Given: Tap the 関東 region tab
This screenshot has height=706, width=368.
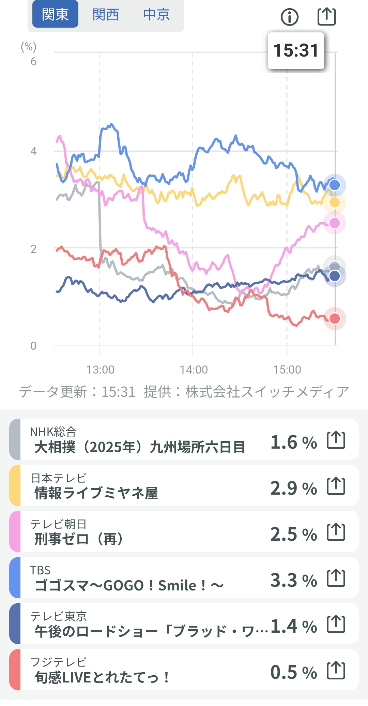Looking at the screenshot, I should pyautogui.click(x=55, y=14).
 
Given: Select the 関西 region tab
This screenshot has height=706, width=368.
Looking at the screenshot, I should pyautogui.click(x=106, y=14).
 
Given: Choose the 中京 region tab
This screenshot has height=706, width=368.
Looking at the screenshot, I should pyautogui.click(x=156, y=14).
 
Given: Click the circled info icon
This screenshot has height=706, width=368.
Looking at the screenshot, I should pyautogui.click(x=290, y=17).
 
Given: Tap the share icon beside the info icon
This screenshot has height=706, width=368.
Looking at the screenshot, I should pyautogui.click(x=326, y=16).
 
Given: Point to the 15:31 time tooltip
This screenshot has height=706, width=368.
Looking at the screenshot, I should pyautogui.click(x=296, y=51).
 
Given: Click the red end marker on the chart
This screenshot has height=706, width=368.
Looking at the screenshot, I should pyautogui.click(x=335, y=318).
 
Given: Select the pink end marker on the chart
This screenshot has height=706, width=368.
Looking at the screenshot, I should pyautogui.click(x=335, y=223).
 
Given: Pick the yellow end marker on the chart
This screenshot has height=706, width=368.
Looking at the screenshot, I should pyautogui.click(x=335, y=202).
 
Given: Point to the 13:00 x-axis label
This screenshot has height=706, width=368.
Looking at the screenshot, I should pyautogui.click(x=100, y=370).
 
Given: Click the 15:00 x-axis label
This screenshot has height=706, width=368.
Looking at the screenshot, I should pyautogui.click(x=287, y=370).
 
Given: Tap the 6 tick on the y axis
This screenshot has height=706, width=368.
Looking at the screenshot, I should pyautogui.click(x=33, y=62).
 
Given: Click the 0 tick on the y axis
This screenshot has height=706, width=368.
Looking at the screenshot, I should pyautogui.click(x=33, y=346).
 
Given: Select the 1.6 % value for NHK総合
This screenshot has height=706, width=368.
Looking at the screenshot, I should pyautogui.click(x=293, y=442).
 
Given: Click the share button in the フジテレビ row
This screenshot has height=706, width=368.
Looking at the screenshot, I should pyautogui.click(x=336, y=670).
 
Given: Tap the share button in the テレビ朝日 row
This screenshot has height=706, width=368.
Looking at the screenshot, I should pyautogui.click(x=336, y=532).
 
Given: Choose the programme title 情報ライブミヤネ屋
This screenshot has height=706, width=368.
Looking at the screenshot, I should pyautogui.click(x=96, y=493).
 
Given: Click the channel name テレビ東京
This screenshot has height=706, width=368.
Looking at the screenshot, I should pyautogui.click(x=58, y=616).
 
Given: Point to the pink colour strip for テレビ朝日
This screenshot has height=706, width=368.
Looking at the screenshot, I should pyautogui.click(x=15, y=531).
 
